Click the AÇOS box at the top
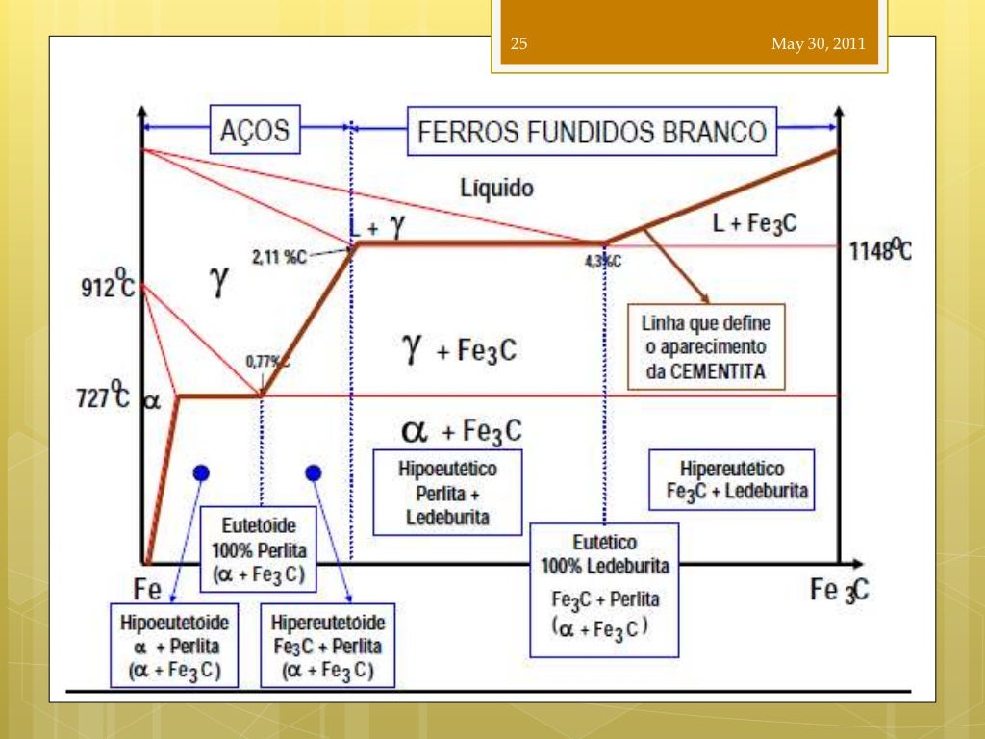255,130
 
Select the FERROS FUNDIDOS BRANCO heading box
592,132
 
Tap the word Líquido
496,188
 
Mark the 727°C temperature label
103,396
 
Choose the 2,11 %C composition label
279,257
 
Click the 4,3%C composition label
603,261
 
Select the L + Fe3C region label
754,224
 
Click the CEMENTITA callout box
706,346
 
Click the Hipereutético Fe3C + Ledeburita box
731,482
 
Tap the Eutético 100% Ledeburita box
604,590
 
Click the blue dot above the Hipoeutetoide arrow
200,471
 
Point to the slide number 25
519,44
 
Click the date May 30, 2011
818,44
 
